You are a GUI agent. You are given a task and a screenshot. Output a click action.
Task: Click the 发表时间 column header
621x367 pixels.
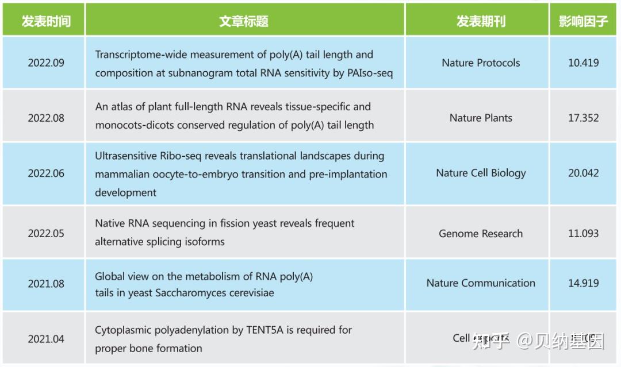46,21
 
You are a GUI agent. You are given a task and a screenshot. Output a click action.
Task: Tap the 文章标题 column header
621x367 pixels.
244,21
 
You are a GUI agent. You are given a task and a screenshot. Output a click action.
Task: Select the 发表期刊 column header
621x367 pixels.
481,21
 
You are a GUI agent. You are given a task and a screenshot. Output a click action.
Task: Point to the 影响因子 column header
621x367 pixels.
583,21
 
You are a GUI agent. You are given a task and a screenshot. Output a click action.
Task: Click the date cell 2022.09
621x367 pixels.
46,63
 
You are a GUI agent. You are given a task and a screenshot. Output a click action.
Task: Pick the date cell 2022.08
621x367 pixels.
46,118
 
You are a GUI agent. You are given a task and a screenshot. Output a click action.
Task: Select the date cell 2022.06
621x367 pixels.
46,173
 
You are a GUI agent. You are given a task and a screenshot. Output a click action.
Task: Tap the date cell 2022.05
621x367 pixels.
46,234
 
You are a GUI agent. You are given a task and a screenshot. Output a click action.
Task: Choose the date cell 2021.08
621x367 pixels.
46,284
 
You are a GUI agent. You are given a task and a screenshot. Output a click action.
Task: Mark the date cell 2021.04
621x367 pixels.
46,339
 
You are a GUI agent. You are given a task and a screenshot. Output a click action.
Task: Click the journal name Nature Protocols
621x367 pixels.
481,63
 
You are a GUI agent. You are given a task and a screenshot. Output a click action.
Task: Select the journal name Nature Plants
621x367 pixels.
481,118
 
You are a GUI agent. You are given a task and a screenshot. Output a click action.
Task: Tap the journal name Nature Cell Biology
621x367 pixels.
481,173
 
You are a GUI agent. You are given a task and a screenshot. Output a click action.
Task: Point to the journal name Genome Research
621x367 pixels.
481,234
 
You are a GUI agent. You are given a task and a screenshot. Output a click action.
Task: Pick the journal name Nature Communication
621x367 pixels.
481,283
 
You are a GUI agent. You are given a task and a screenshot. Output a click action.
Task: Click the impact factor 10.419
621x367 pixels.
583,63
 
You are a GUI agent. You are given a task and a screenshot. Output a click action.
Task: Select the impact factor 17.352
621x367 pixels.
583,118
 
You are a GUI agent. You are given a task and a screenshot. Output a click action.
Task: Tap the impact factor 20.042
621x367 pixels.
583,173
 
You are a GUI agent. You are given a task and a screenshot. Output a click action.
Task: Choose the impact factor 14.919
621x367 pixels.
583,283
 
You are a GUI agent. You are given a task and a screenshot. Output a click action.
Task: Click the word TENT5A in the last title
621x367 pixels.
267,330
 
